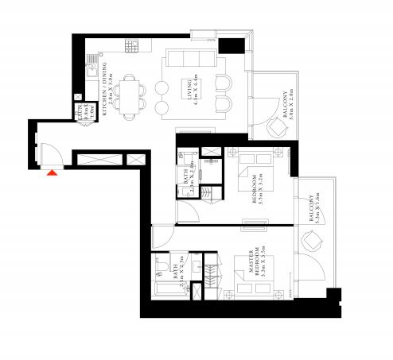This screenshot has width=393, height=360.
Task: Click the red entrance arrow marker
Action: pyautogui.click(x=53, y=171)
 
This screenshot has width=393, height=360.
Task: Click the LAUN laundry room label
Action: pyautogui.click(x=80, y=113)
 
